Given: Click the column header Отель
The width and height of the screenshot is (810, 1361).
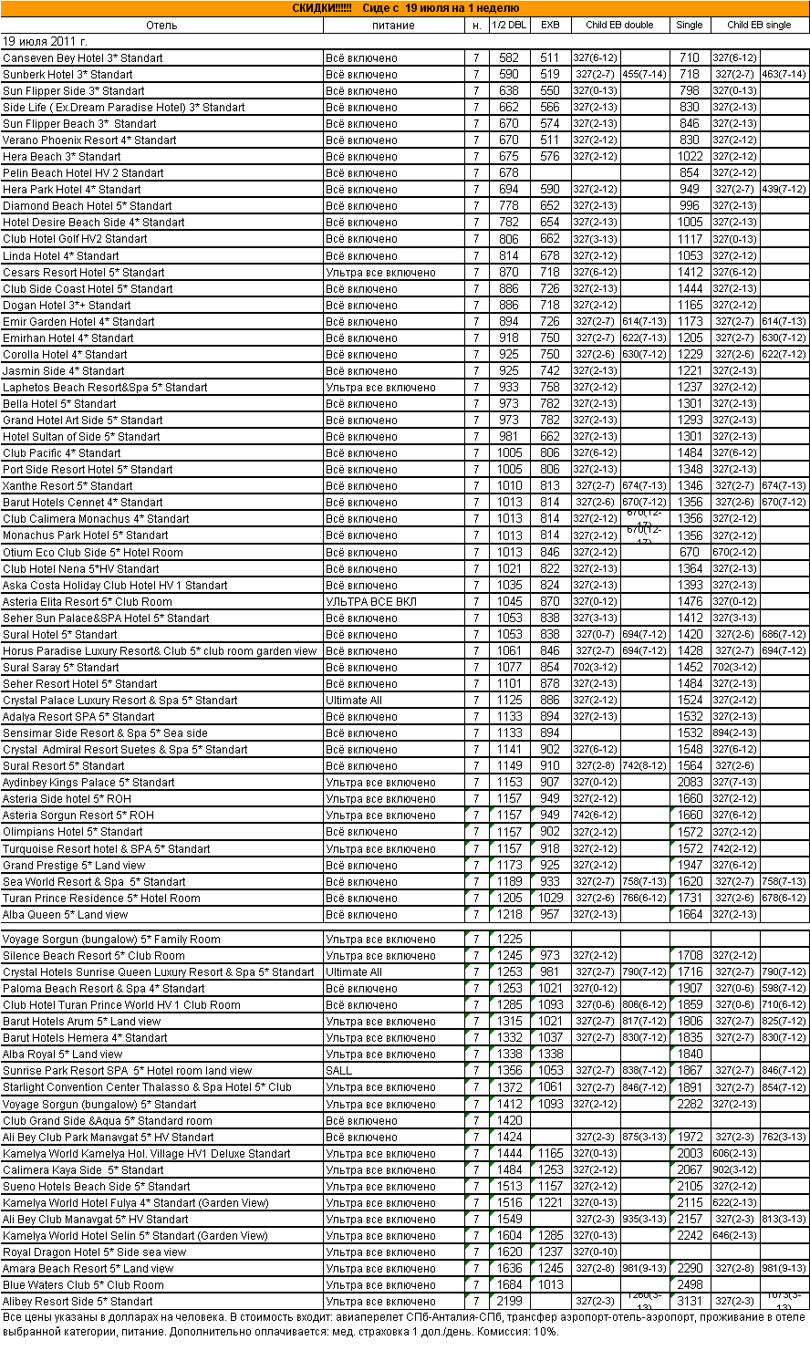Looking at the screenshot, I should click(x=161, y=26).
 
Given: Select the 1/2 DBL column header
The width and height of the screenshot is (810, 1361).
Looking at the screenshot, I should click(x=508, y=26).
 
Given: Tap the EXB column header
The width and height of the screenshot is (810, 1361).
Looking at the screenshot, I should click(x=550, y=26).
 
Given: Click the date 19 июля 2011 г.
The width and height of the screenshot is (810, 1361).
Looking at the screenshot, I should click(x=45, y=42).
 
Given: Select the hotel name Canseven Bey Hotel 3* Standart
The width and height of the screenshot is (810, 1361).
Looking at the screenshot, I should click(x=83, y=58).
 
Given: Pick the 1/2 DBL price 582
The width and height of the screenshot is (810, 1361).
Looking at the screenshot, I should click(x=509, y=58).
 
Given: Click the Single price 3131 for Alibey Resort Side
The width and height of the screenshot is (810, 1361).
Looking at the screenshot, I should click(x=690, y=1302).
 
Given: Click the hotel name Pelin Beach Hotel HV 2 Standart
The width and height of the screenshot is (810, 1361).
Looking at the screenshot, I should click(x=84, y=173).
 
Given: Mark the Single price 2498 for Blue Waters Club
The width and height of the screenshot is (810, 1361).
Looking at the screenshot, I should click(x=690, y=1285).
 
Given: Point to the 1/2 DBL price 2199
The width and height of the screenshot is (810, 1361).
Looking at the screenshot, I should click(x=509, y=1302).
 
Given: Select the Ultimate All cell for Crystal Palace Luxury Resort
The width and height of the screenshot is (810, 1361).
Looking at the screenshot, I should click(x=354, y=701).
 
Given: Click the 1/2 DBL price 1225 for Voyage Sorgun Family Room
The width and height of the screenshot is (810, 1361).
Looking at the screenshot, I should click(x=509, y=940).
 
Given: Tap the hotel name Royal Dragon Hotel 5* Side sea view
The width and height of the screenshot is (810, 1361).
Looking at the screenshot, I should click(x=95, y=1252).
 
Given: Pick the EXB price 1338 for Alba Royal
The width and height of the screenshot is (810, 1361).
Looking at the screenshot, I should click(x=549, y=1055).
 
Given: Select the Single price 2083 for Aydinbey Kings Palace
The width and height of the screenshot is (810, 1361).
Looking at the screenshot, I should click(x=690, y=783).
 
